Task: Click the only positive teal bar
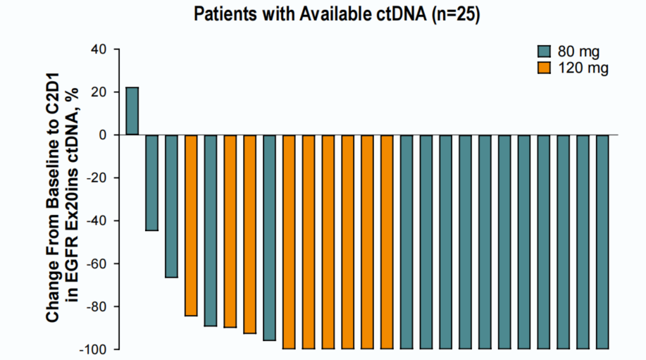coord(132,111)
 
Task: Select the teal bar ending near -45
coord(151,182)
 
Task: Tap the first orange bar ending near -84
coord(191,225)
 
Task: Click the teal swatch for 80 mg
coord(544,51)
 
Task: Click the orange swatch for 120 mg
coord(544,68)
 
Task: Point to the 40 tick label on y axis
coord(97,49)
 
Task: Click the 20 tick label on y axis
coord(97,92)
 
